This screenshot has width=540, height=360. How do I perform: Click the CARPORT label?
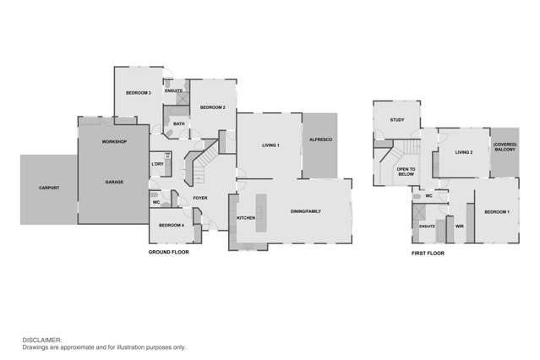[x=49, y=188]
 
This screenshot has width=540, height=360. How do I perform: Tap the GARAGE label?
[x=114, y=182]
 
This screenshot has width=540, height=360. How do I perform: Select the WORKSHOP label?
[x=114, y=141]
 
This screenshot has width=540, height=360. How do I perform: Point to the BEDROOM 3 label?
[x=138, y=92]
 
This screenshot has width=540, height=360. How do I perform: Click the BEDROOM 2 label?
[x=211, y=107]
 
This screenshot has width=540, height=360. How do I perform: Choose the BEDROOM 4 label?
[x=172, y=225]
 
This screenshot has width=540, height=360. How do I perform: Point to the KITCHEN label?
[x=246, y=218]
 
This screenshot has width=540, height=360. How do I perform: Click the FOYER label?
[x=200, y=199]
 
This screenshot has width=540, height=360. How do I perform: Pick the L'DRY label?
[x=157, y=164]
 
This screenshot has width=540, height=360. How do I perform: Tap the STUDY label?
[x=397, y=120]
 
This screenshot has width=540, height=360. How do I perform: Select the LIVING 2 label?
[x=463, y=152]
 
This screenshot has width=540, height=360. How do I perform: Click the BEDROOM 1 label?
[x=496, y=211]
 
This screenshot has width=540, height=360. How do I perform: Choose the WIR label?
[x=460, y=226]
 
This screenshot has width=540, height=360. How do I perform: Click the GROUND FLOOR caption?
[x=169, y=253]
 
